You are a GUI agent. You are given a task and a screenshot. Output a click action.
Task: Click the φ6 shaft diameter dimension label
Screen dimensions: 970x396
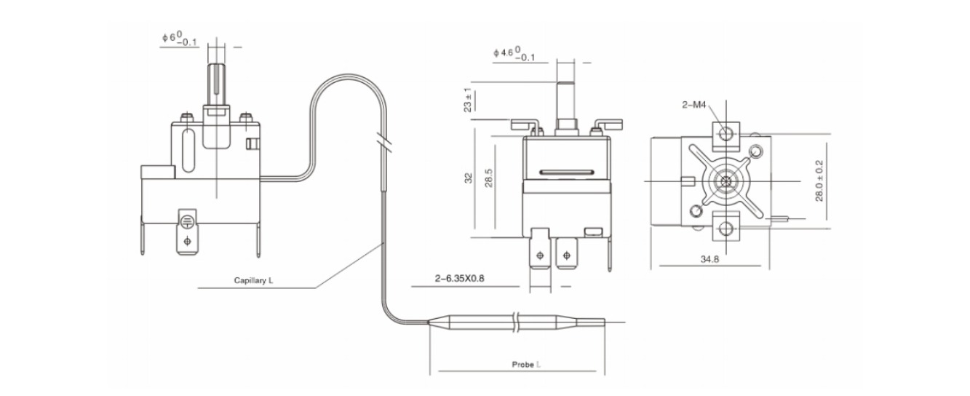(179, 39)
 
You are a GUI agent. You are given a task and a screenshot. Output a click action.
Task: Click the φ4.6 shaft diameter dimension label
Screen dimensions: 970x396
(514, 54)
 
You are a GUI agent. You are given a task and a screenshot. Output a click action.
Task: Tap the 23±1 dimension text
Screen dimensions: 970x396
(468, 100)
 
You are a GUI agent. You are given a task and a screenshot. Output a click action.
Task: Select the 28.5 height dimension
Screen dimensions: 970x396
(489, 178)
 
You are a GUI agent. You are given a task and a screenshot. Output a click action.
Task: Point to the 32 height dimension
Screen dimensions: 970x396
(469, 178)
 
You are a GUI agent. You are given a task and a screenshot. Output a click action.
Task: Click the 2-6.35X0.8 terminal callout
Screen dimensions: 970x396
(459, 278)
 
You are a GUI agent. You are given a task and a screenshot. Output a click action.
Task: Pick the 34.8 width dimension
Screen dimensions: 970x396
(709, 259)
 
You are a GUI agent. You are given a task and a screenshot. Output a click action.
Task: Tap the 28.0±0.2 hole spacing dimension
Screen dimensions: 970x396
(819, 181)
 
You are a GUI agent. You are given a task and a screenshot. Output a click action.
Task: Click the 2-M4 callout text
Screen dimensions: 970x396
(693, 104)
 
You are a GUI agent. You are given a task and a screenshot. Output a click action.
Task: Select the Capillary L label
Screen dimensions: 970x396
(253, 280)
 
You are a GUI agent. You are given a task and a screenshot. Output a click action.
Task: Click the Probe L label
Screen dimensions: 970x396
(526, 365)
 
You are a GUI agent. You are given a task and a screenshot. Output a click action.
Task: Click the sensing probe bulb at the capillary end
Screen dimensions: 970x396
(516, 322)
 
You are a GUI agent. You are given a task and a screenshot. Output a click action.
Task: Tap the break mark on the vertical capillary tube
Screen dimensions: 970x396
(383, 143)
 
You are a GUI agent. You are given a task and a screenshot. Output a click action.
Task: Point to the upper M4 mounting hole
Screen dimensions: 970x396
(725, 132)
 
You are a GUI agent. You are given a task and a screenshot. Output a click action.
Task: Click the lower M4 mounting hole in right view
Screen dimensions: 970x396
(726, 227)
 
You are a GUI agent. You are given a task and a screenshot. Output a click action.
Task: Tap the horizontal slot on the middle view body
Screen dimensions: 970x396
(567, 172)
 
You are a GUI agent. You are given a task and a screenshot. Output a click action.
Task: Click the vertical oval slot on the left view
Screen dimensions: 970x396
(188, 151)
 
